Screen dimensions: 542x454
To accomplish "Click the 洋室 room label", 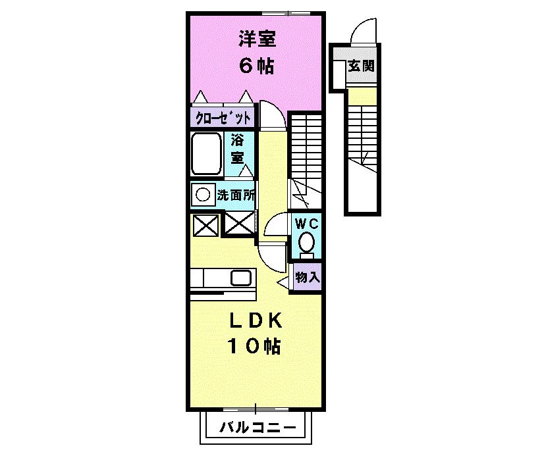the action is click(x=257, y=39).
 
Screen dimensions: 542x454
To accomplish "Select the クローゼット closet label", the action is click(x=223, y=118).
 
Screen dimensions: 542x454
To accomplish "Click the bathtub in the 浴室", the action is click(x=206, y=154).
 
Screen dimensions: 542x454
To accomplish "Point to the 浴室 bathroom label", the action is click(x=238, y=149).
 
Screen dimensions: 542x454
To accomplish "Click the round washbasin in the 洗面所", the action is click(x=203, y=195).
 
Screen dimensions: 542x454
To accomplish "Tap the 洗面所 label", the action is click(x=236, y=195).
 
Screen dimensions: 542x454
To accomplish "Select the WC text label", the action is click(x=307, y=224).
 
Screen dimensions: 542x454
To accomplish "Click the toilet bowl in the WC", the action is click(x=306, y=243).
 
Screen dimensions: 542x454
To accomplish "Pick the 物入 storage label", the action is click(x=308, y=277).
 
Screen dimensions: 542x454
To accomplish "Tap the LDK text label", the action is click(x=256, y=321).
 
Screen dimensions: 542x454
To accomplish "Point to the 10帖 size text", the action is click(x=254, y=346).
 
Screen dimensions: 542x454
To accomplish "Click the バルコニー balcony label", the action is click(x=258, y=428).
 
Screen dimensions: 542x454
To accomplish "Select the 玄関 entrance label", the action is click(x=361, y=65).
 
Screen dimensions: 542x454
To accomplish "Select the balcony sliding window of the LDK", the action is click(x=256, y=409).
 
